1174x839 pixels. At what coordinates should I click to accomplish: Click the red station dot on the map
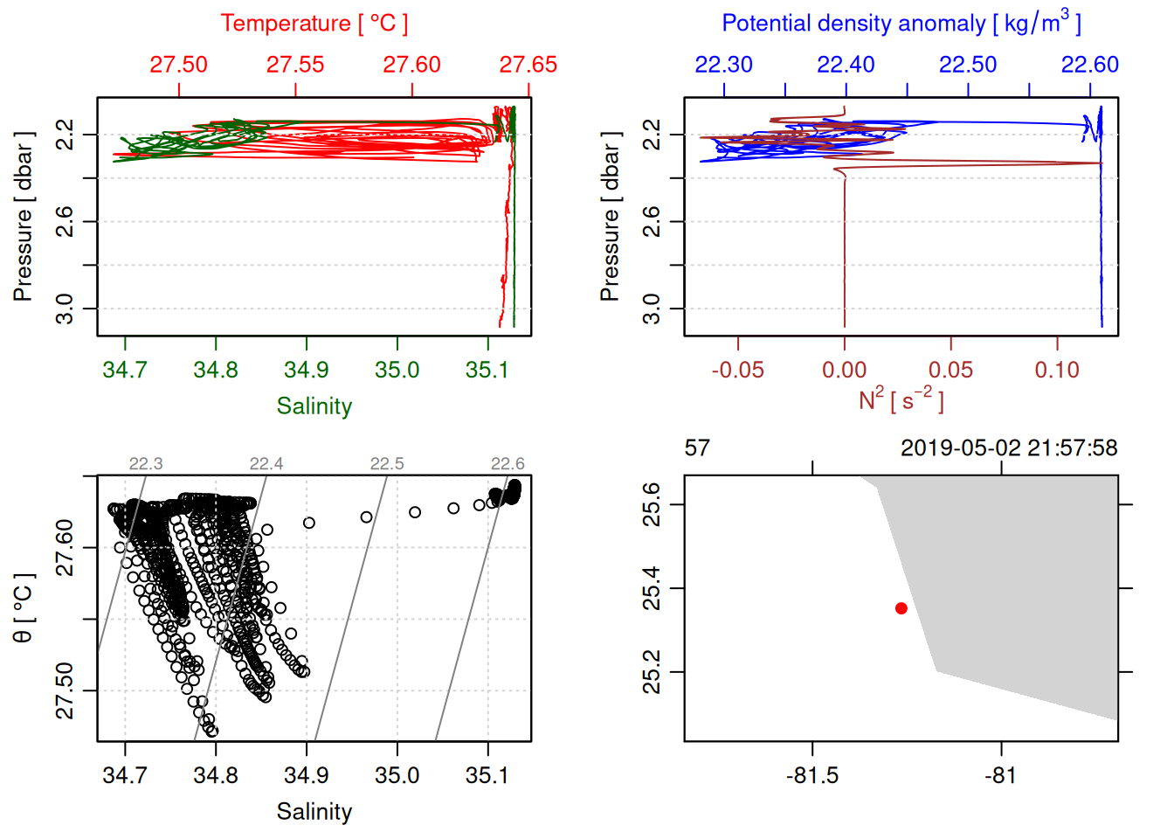pyautogui.click(x=901, y=608)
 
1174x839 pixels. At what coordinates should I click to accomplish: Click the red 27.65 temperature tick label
pyautogui.click(x=528, y=65)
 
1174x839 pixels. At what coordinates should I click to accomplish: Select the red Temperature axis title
pyautogui.click(x=314, y=24)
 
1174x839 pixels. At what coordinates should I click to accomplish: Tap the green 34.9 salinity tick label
pyautogui.click(x=307, y=370)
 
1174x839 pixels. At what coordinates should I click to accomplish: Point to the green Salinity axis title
pyautogui.click(x=314, y=406)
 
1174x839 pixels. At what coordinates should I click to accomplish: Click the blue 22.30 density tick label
pyautogui.click(x=723, y=65)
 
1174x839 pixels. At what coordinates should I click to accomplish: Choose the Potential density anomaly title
pyautogui.click(x=901, y=24)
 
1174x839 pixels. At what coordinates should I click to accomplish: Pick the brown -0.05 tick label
pyautogui.click(x=737, y=370)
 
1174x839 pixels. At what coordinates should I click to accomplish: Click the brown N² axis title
pyautogui.click(x=901, y=399)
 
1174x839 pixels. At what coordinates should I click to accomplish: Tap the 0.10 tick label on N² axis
pyautogui.click(x=1057, y=370)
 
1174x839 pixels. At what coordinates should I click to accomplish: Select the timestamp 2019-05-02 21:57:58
pyautogui.click(x=1009, y=448)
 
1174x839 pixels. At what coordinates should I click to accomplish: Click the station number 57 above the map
pyautogui.click(x=697, y=448)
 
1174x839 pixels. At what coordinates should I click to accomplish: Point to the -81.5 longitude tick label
pyautogui.click(x=812, y=775)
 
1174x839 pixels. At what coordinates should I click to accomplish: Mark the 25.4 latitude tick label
pyautogui.click(x=652, y=588)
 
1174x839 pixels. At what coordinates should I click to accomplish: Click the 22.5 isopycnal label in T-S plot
pyautogui.click(x=387, y=464)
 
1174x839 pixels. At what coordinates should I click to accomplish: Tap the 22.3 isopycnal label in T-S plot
pyautogui.click(x=146, y=464)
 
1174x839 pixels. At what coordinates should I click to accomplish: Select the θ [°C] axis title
pyautogui.click(x=23, y=608)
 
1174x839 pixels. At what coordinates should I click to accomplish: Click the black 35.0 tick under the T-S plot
pyautogui.click(x=397, y=775)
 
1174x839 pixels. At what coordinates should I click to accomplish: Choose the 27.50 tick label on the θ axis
pyautogui.click(x=65, y=690)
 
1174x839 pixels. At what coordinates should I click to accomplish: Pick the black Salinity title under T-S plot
pyautogui.click(x=314, y=812)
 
